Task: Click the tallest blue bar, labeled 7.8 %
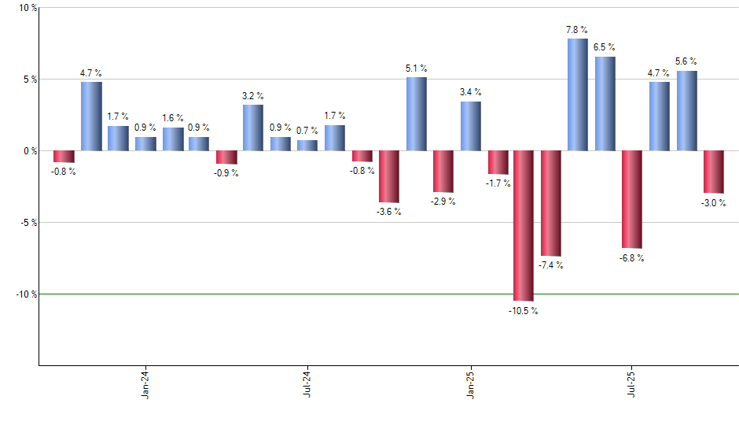(x=577, y=94)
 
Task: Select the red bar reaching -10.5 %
(x=523, y=225)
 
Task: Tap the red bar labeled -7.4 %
(x=550, y=203)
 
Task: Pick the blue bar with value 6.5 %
(x=605, y=103)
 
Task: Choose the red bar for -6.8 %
(x=631, y=199)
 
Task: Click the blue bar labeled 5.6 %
(x=686, y=110)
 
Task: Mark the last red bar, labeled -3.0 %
(x=713, y=172)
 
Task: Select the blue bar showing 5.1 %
(x=416, y=113)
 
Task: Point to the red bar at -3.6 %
(x=389, y=176)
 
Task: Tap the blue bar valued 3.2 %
(x=253, y=128)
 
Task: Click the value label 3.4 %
(x=471, y=92)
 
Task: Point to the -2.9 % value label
(x=443, y=202)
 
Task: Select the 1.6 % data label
(x=173, y=118)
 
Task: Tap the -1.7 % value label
(x=498, y=183)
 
